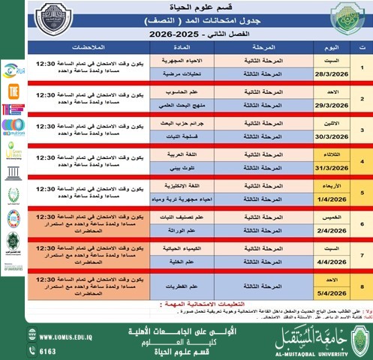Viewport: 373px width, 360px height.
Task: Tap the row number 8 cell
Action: [x=362, y=285]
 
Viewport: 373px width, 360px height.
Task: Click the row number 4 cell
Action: [x=362, y=160]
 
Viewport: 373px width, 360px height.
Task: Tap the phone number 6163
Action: [x=47, y=351]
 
